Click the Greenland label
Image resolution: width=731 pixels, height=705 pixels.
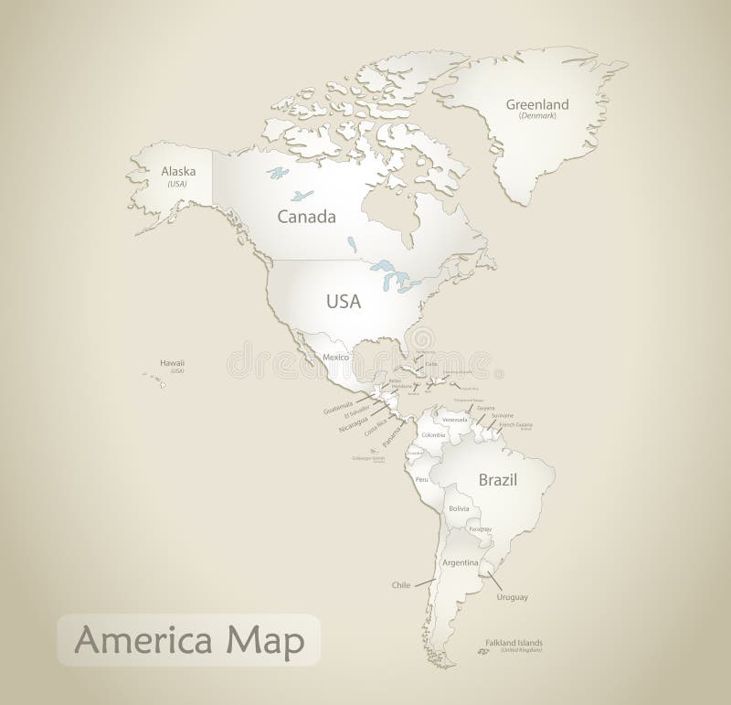click(x=537, y=104)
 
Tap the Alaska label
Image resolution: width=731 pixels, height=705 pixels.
click(x=177, y=171)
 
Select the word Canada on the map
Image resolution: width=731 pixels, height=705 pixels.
click(x=306, y=217)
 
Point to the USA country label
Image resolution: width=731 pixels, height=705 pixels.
click(x=344, y=301)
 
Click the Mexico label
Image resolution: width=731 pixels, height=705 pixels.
click(x=336, y=356)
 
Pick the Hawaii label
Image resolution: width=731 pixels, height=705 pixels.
click(x=172, y=363)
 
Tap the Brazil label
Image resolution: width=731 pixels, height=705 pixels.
click(x=498, y=479)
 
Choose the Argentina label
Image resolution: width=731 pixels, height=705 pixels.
click(x=461, y=562)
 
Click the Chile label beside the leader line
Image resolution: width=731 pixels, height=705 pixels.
click(x=401, y=583)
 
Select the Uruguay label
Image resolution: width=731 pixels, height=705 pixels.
click(x=512, y=597)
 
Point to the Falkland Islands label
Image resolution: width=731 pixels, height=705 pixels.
click(x=514, y=642)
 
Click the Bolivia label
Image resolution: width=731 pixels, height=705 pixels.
click(x=459, y=508)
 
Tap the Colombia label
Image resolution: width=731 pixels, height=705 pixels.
click(x=434, y=434)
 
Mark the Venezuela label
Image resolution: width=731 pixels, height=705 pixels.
click(x=455, y=421)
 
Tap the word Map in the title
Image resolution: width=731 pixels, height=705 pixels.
click(x=267, y=640)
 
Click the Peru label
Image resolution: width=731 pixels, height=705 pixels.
click(x=421, y=479)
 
